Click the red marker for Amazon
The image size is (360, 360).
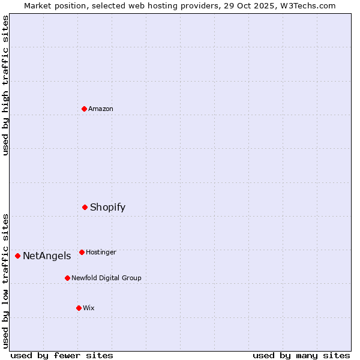(x=84, y=109)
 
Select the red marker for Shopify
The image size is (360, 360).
(x=85, y=207)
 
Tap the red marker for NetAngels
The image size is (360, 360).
(x=17, y=256)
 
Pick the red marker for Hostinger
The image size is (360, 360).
(x=82, y=252)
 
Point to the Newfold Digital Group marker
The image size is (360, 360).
(x=67, y=278)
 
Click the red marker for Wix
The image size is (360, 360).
(x=79, y=308)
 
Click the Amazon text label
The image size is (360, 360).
(x=101, y=109)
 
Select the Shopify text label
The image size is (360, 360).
(x=107, y=207)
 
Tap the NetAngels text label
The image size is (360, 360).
(x=47, y=256)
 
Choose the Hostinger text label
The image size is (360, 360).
(x=101, y=252)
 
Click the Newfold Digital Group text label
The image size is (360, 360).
(x=106, y=278)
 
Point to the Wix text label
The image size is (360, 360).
(x=89, y=308)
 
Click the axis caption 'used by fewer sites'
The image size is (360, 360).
(x=62, y=355)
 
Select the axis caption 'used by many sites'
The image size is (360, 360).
(x=301, y=355)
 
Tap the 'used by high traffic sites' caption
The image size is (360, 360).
(x=5, y=85)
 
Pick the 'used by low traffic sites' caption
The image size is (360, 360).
(x=5, y=281)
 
